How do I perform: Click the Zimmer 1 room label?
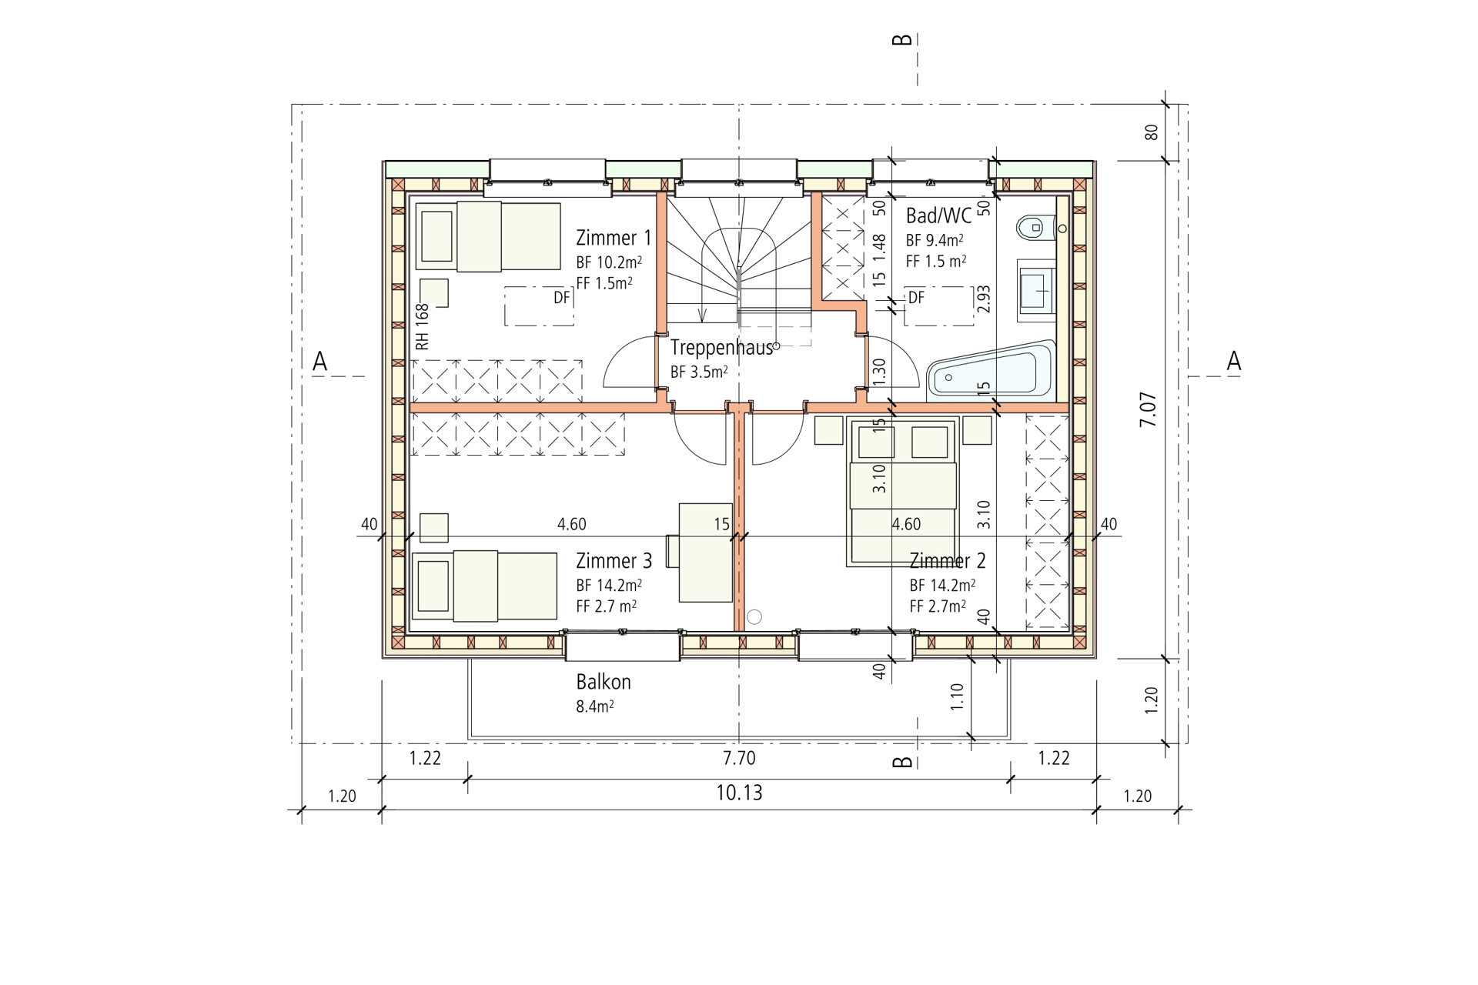(x=614, y=238)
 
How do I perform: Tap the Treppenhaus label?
(x=721, y=348)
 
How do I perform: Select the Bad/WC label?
(x=938, y=215)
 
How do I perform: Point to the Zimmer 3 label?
(x=614, y=561)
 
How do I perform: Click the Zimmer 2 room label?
(x=947, y=561)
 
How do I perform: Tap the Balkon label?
(x=604, y=682)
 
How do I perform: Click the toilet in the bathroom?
(x=1035, y=228)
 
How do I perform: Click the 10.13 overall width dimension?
(x=739, y=793)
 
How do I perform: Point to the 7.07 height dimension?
(x=1148, y=409)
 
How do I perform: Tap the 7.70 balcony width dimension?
(x=739, y=758)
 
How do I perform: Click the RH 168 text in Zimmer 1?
(x=422, y=326)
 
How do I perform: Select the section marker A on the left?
(x=320, y=361)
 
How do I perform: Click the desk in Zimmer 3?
(x=705, y=552)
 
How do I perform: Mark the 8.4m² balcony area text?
(x=595, y=706)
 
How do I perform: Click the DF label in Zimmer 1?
(x=562, y=297)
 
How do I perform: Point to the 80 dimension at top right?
(x=1152, y=132)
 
